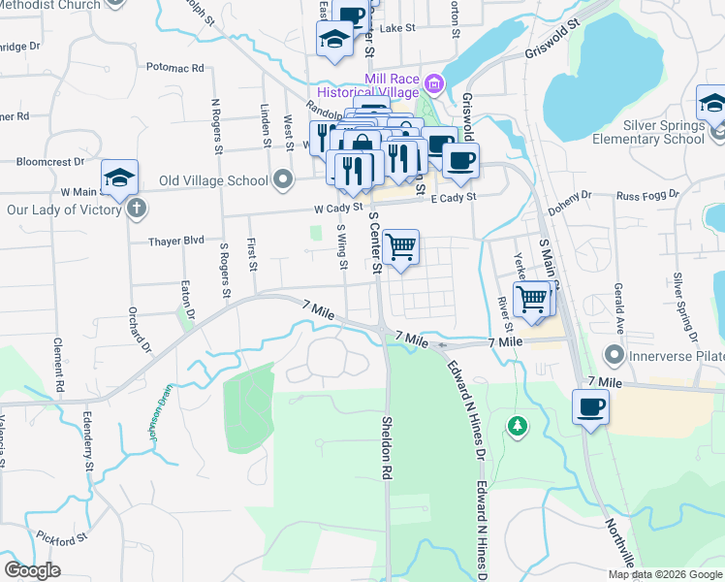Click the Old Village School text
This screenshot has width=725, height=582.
point(214,179)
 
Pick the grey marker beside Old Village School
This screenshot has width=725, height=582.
point(283,179)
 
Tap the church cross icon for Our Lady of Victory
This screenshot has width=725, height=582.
point(137,208)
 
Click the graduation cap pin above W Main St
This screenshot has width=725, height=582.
point(119,178)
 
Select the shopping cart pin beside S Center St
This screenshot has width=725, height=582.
point(400,247)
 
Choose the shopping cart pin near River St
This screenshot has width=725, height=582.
point(531,298)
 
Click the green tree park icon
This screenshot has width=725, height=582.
point(519,425)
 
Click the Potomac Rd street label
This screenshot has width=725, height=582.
point(175,68)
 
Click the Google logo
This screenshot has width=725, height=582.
point(32,569)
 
